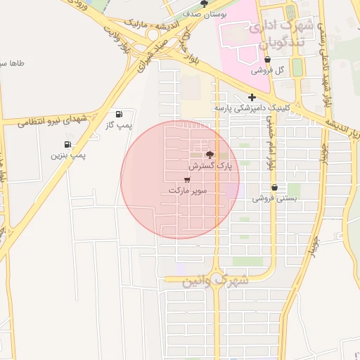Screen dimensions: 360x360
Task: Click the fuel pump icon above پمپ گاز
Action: click(x=118, y=114)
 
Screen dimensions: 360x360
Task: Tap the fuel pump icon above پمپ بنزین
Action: click(x=67, y=145)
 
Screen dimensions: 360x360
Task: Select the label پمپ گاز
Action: click(x=118, y=125)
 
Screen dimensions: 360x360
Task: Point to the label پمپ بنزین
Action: click(x=67, y=155)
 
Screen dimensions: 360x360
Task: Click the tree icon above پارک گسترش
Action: click(x=209, y=155)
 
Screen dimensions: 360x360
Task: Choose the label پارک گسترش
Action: click(x=210, y=166)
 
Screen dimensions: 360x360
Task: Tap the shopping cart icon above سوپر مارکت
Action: click(x=186, y=179)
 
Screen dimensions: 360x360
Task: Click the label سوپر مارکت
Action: click(x=186, y=191)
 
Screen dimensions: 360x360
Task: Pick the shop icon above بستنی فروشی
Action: click(x=274, y=188)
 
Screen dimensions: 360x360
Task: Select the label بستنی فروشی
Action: click(x=272, y=199)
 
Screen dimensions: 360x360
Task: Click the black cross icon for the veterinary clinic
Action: click(x=252, y=97)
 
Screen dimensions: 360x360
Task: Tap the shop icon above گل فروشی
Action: click(x=268, y=60)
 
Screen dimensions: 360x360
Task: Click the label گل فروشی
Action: click(x=269, y=71)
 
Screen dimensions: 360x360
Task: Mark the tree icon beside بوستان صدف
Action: click(x=204, y=3)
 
